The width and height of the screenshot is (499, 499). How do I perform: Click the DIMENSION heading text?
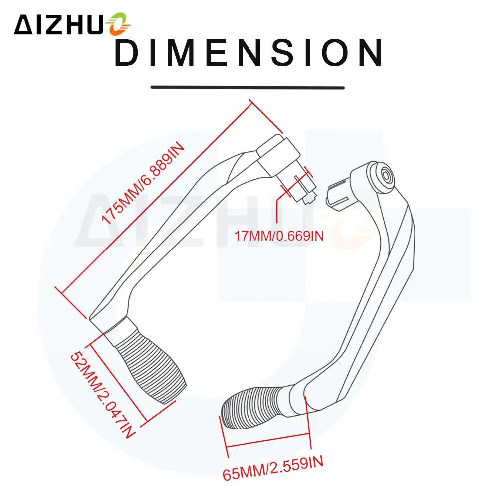click(248, 53)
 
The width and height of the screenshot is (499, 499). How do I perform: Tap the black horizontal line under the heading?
click(248, 87)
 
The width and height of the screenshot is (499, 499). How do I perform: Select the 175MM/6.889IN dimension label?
click(143, 183)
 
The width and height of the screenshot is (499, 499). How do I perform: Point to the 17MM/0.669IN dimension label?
click(279, 236)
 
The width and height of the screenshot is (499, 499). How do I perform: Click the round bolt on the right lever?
click(386, 177)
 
